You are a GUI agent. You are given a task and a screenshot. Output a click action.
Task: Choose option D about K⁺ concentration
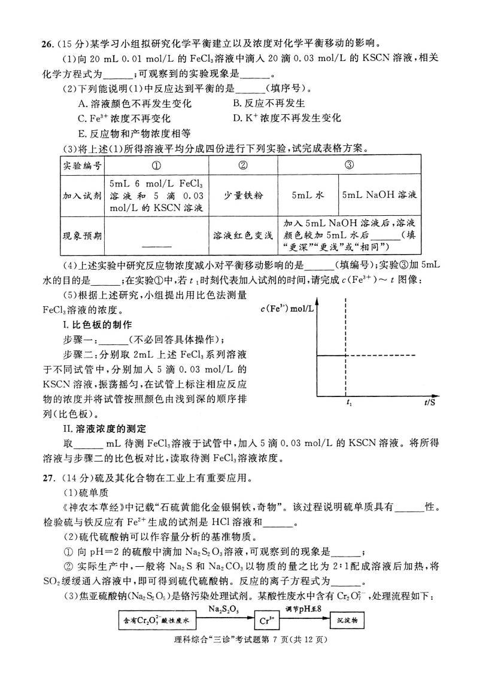(287, 118)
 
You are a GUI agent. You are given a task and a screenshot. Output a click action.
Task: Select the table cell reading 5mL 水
(308, 196)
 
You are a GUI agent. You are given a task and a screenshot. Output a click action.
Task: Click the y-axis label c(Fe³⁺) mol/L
(287, 309)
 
